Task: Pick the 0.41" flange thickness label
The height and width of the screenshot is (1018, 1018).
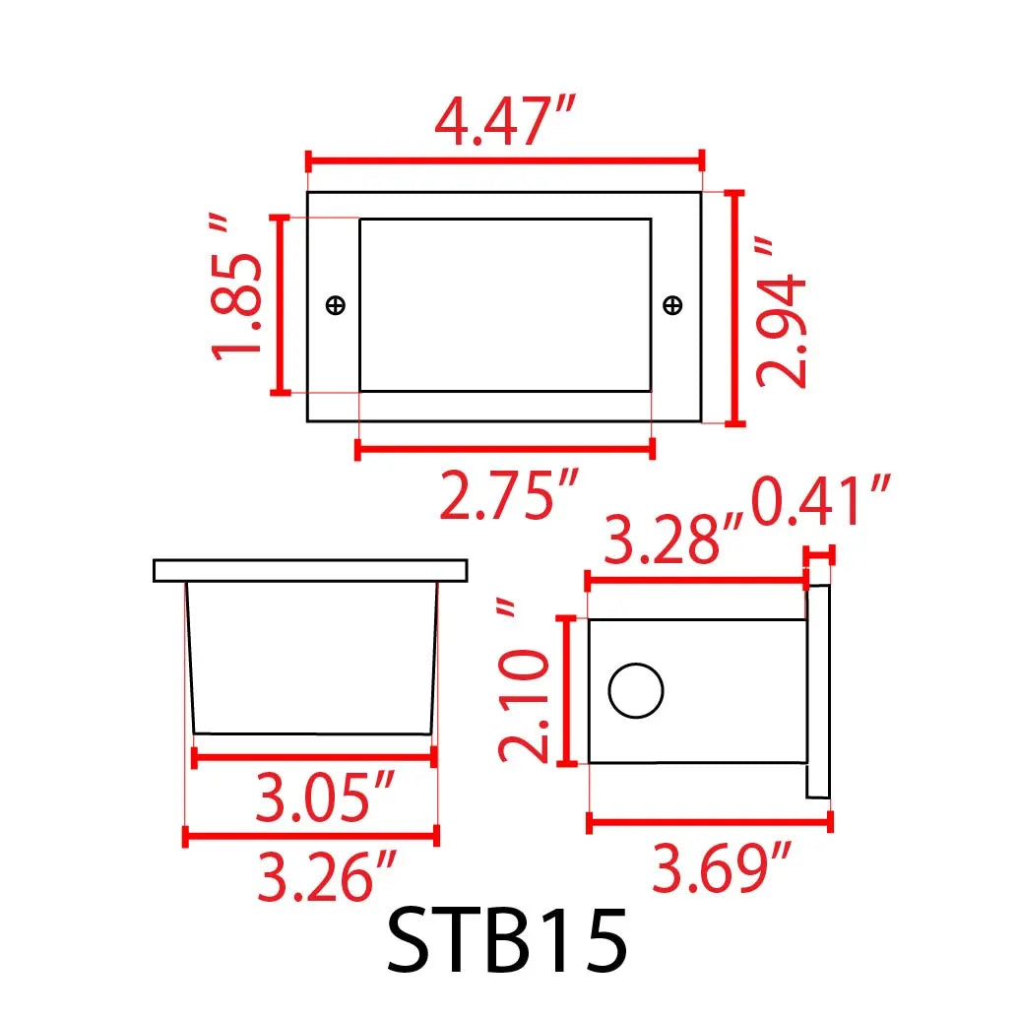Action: [x=822, y=503]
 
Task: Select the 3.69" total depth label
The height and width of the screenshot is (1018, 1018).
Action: [x=723, y=869]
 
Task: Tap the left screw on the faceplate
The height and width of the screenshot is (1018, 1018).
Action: [x=336, y=305]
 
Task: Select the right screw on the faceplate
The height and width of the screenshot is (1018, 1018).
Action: [x=673, y=305]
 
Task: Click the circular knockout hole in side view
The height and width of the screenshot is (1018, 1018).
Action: [x=636, y=690]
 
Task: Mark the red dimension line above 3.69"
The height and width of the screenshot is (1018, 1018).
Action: [x=709, y=821]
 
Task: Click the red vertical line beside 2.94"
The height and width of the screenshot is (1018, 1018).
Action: [x=733, y=308]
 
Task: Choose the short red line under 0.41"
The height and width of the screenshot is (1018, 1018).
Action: [x=819, y=556]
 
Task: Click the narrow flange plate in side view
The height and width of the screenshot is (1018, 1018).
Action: [x=817, y=691]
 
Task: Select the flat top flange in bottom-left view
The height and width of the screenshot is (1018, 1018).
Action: [x=310, y=570]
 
